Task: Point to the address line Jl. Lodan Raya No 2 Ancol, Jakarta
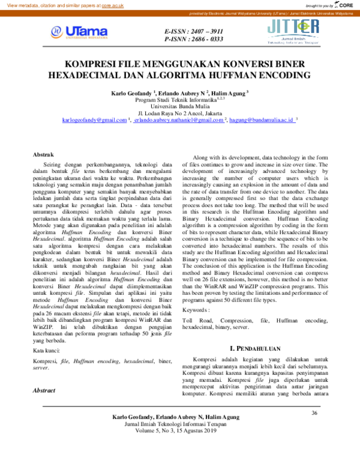179,113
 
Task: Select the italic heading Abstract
44,390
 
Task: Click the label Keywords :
196,310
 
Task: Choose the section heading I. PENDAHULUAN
257,348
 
